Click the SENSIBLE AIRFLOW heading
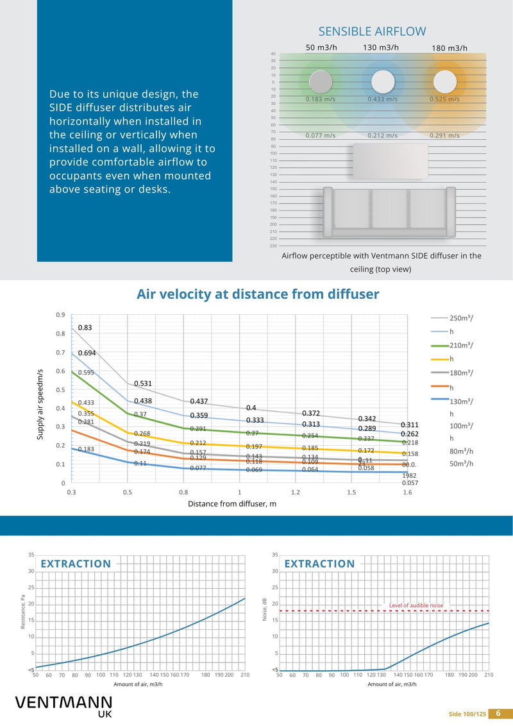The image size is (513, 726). [x=372, y=31]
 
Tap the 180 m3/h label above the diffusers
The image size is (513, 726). [x=449, y=48]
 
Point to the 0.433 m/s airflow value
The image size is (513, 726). [x=382, y=99]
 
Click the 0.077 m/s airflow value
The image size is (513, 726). [x=320, y=135]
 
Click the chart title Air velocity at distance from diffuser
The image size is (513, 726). [x=258, y=294]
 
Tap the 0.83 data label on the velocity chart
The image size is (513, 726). [x=85, y=328]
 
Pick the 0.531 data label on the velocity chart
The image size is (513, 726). [x=142, y=384]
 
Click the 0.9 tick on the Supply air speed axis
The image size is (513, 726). [x=60, y=315]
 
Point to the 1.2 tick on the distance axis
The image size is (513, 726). [x=295, y=492]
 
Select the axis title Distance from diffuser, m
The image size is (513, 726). [x=231, y=503]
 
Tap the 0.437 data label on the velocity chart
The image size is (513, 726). [x=199, y=401]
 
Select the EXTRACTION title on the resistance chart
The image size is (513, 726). [x=76, y=564]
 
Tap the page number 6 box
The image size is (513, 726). [x=498, y=713]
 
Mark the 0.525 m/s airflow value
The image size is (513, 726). [x=444, y=99]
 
